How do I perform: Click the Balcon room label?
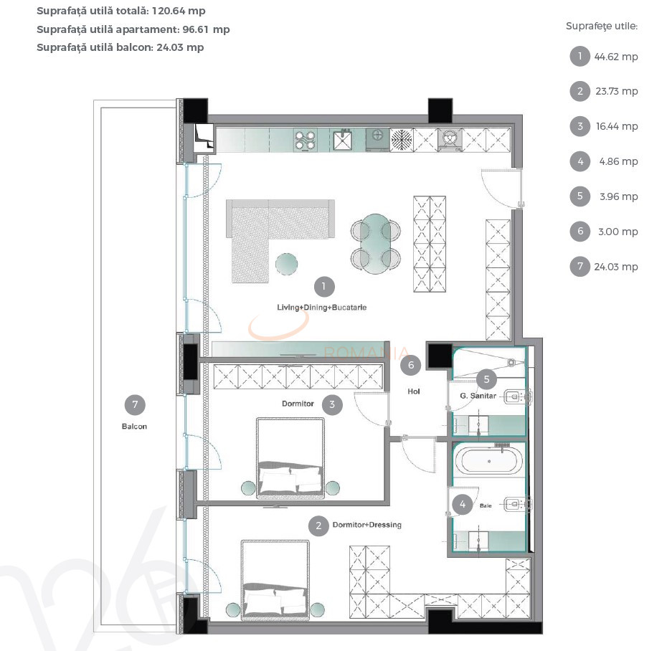[x=134, y=427]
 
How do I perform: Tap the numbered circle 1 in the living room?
[x=323, y=287]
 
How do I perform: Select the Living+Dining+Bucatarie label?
[x=322, y=308]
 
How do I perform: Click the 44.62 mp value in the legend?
[x=615, y=57]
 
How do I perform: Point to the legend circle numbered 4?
[x=580, y=161]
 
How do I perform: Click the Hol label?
[x=413, y=391]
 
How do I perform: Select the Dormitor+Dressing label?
[x=367, y=525]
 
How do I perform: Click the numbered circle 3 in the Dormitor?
[x=332, y=404]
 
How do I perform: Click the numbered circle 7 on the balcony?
[x=134, y=405]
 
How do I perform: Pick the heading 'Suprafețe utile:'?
[x=601, y=27]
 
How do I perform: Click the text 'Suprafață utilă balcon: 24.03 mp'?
[x=120, y=47]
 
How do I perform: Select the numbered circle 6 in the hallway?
[x=411, y=366]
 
